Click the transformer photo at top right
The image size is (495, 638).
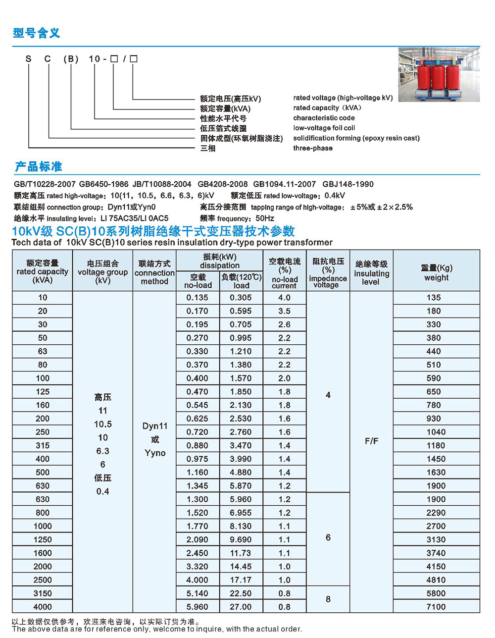tap(439, 74)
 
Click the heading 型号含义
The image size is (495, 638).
tap(37, 33)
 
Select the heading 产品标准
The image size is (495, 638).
tap(38, 166)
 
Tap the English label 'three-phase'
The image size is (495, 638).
tap(313, 148)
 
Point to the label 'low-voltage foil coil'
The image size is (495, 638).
tap(324, 128)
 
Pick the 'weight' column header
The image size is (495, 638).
tap(436, 273)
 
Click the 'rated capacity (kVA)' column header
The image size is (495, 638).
tap(43, 271)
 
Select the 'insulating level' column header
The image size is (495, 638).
tap(371, 273)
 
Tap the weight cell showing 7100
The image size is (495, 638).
tap(436, 607)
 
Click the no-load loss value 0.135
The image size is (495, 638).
tap(198, 298)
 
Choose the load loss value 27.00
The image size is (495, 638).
tap(241, 607)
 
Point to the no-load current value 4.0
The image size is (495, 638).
tap(285, 298)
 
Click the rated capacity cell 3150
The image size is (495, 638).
tap(43, 593)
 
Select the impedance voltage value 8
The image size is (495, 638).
tap(328, 599)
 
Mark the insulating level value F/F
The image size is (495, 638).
tap(371, 441)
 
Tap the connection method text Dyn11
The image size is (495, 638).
tap(155, 426)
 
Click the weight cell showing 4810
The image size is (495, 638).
tap(436, 580)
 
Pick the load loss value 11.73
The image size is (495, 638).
tap(241, 553)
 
